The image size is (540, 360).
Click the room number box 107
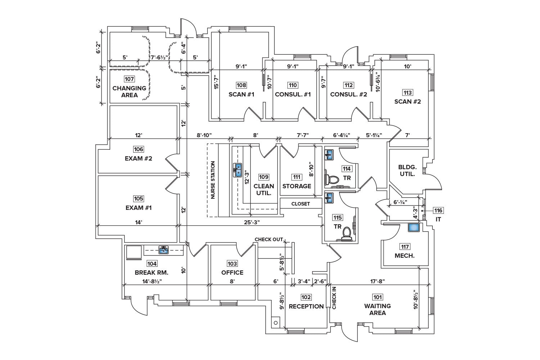pos(129,79)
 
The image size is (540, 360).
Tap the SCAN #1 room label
pos(242,94)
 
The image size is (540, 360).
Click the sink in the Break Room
pos(164,249)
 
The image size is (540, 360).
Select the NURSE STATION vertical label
pos(213,180)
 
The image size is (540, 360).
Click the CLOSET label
pos(301,204)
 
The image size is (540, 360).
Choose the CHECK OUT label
pos(269,239)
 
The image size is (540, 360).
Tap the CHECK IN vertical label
pos(334,298)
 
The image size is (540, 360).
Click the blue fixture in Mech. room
pos(414,228)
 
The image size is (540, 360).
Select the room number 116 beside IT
pos(438,210)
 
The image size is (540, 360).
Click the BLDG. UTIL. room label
pos(407,170)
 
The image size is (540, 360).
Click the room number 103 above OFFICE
pos(232,264)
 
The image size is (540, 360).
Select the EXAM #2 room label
pos(139,158)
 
